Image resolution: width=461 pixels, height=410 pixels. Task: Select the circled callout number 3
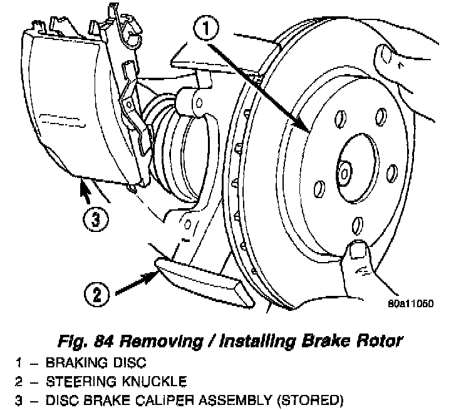click(93, 219)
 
